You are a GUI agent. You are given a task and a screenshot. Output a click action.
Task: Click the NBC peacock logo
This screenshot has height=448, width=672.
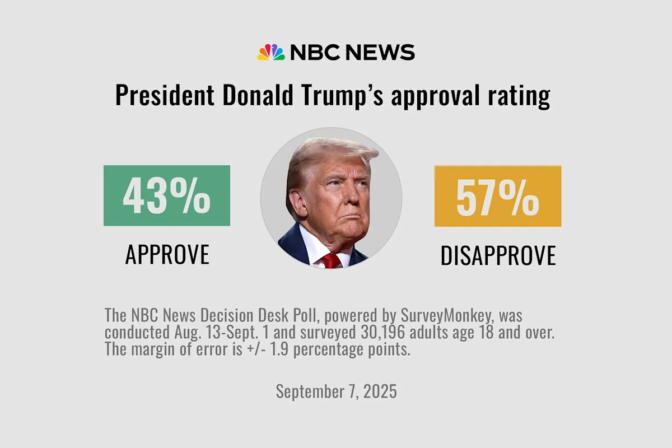point(271,52)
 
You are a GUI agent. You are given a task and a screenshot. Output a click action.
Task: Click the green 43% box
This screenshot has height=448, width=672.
point(166,195)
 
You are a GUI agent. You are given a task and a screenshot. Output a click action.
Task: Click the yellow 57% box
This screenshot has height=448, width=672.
point(497,196)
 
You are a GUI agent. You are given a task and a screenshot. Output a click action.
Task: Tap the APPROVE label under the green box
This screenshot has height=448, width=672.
point(167,255)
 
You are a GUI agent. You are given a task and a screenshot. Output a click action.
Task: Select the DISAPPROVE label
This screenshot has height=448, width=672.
point(498,255)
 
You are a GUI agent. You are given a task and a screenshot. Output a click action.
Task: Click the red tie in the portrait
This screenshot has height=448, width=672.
point(331,260)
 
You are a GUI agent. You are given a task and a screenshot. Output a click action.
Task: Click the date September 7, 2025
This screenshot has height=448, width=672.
point(336,391)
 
